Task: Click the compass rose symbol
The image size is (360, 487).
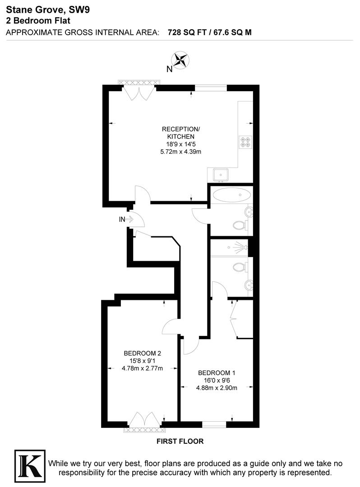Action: point(181,60)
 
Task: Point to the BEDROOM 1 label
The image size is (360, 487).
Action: point(217,373)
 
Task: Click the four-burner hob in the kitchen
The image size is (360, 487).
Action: point(246,142)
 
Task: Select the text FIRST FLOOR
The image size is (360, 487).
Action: point(180,441)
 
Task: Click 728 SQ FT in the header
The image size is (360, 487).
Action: point(186,32)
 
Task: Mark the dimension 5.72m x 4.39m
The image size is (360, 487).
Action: point(180,152)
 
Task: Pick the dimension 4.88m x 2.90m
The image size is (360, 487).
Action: point(217,388)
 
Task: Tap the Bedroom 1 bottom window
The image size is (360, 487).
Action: point(214,424)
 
